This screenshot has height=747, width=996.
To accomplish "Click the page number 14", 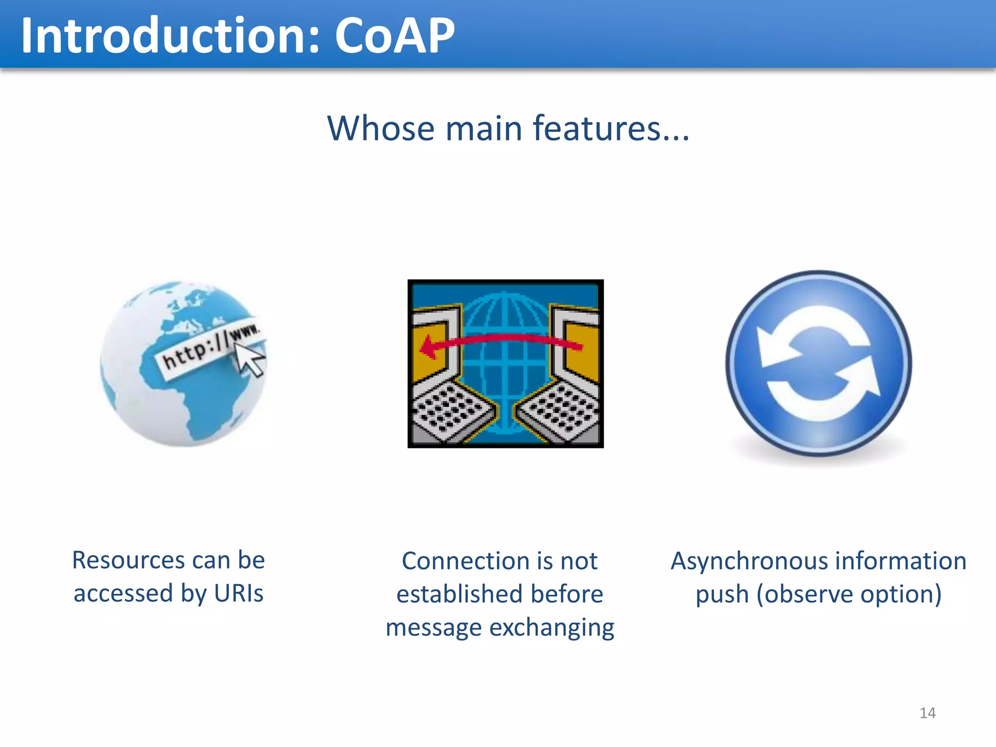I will click(x=927, y=713).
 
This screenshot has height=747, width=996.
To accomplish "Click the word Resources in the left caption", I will click(x=127, y=560).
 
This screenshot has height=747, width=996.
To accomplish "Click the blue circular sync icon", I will click(x=818, y=363).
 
